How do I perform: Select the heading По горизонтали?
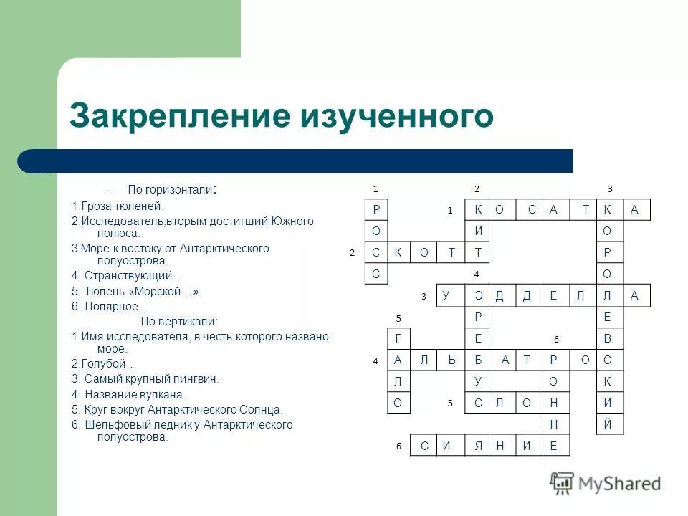point(171,190)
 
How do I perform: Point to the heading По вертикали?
point(178,321)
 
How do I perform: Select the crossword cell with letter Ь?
point(451,360)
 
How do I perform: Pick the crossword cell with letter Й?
point(607,424)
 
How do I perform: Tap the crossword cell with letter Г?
point(397,339)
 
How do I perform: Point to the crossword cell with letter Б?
point(478,360)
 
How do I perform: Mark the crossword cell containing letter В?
point(607,339)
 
